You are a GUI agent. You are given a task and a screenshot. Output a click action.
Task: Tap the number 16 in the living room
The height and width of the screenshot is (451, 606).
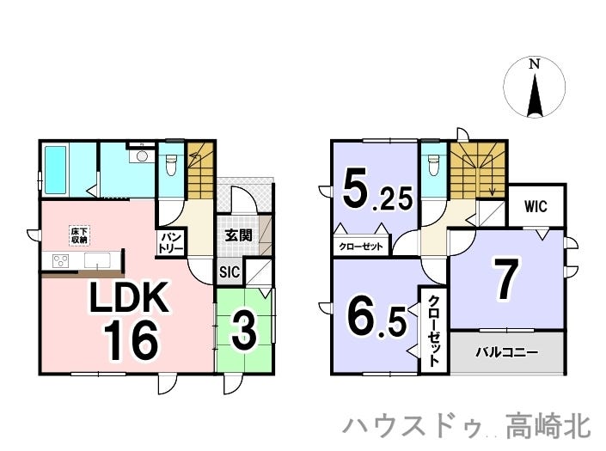[x=132, y=339]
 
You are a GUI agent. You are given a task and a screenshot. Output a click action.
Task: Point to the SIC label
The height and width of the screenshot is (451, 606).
[x=230, y=272]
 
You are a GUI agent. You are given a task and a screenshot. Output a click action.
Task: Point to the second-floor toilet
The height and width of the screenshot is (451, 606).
[x=432, y=163]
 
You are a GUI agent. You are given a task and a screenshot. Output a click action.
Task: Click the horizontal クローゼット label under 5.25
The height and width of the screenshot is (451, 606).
[x=361, y=246]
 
